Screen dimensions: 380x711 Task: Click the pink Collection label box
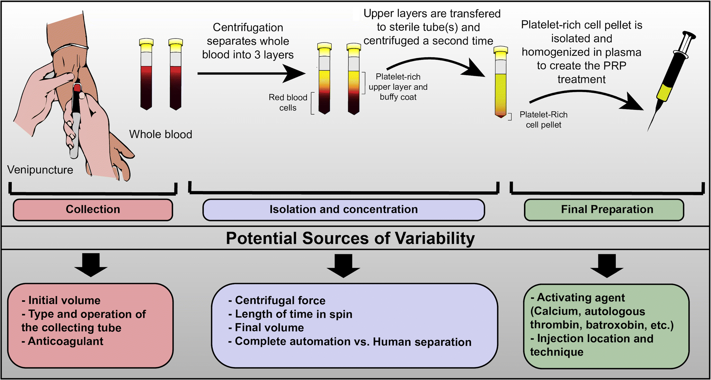(x=93, y=210)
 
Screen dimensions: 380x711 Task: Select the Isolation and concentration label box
(x=343, y=210)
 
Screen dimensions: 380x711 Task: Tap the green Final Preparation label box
(x=604, y=210)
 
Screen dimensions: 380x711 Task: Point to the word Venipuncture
(x=40, y=170)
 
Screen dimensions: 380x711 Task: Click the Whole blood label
(x=160, y=134)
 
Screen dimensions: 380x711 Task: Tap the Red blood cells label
(x=288, y=102)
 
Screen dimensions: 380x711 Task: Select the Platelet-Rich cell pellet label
(x=543, y=120)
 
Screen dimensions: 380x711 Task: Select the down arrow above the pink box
(x=91, y=265)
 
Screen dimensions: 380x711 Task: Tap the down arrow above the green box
(x=607, y=266)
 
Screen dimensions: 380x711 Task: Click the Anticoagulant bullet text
(x=65, y=341)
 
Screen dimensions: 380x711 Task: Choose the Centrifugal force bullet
(x=280, y=300)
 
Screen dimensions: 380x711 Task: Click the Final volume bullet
(x=269, y=327)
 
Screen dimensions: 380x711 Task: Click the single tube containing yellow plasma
(x=500, y=83)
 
